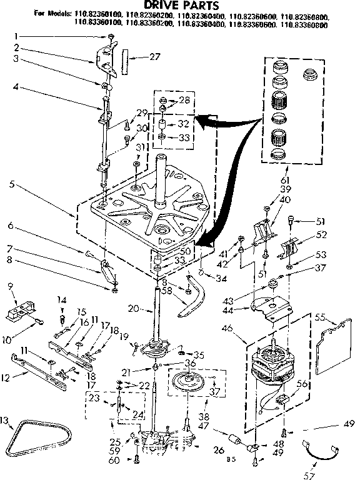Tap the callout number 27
[x=154, y=57]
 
